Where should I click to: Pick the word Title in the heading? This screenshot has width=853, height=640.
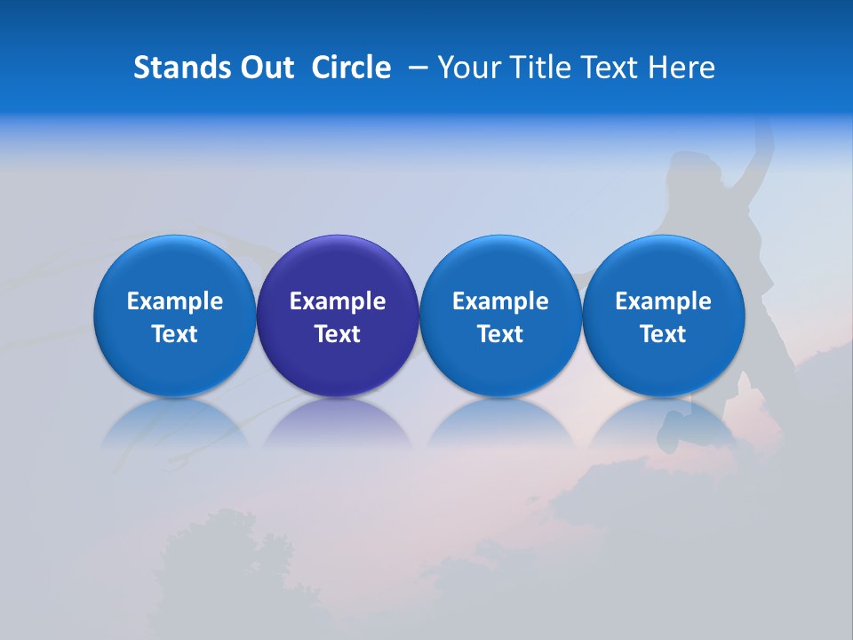point(538,68)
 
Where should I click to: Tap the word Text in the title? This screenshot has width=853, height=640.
point(609,68)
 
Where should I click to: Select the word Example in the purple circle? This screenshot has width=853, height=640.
point(338,301)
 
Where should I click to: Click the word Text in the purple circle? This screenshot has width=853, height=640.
point(338,334)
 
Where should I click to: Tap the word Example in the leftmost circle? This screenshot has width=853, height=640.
point(175,301)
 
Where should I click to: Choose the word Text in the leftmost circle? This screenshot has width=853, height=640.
point(175,334)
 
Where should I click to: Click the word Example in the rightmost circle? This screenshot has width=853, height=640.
point(663,301)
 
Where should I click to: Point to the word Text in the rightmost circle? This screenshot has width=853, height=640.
point(663,334)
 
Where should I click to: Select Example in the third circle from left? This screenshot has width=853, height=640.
point(500,301)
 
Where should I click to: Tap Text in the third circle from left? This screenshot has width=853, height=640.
point(500,334)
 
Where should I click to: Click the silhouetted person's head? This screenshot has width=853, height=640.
point(690,169)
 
